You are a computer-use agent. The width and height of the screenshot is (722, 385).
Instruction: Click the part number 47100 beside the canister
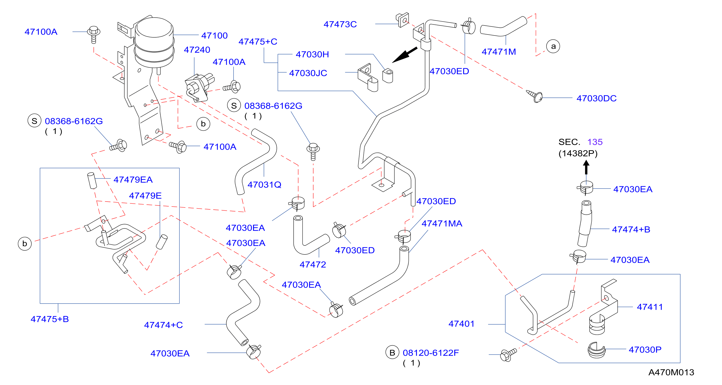(x=214, y=36)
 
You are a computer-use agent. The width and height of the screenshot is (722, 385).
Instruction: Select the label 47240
(x=197, y=50)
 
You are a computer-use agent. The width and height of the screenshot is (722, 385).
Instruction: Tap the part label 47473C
(x=340, y=24)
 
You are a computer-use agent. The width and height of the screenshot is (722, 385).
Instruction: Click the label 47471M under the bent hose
(x=499, y=52)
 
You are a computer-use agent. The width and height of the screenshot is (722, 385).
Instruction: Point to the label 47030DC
(x=596, y=98)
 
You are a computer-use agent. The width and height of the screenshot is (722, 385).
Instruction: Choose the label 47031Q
(x=264, y=185)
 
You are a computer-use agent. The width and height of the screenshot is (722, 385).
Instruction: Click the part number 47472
(x=313, y=265)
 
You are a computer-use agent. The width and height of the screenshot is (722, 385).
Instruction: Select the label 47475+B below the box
(x=50, y=319)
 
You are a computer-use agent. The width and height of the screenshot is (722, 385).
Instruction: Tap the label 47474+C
(x=164, y=325)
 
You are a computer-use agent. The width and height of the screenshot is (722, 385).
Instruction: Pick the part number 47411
(x=650, y=307)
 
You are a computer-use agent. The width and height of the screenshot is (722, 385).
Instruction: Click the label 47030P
(x=645, y=350)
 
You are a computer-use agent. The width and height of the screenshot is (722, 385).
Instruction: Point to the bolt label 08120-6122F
(x=431, y=353)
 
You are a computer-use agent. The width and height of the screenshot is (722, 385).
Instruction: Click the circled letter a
(x=553, y=46)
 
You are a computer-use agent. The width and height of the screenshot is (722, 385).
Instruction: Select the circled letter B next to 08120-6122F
(x=392, y=353)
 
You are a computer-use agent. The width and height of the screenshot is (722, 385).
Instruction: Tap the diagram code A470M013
(x=671, y=372)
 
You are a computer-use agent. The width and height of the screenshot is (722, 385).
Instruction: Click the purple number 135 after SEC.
(x=595, y=142)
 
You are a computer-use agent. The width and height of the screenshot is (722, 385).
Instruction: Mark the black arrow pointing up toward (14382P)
(x=586, y=167)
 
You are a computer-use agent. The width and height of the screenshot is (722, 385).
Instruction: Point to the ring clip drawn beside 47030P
(x=596, y=350)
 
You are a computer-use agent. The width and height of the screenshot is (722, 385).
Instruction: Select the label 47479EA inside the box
(x=133, y=180)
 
